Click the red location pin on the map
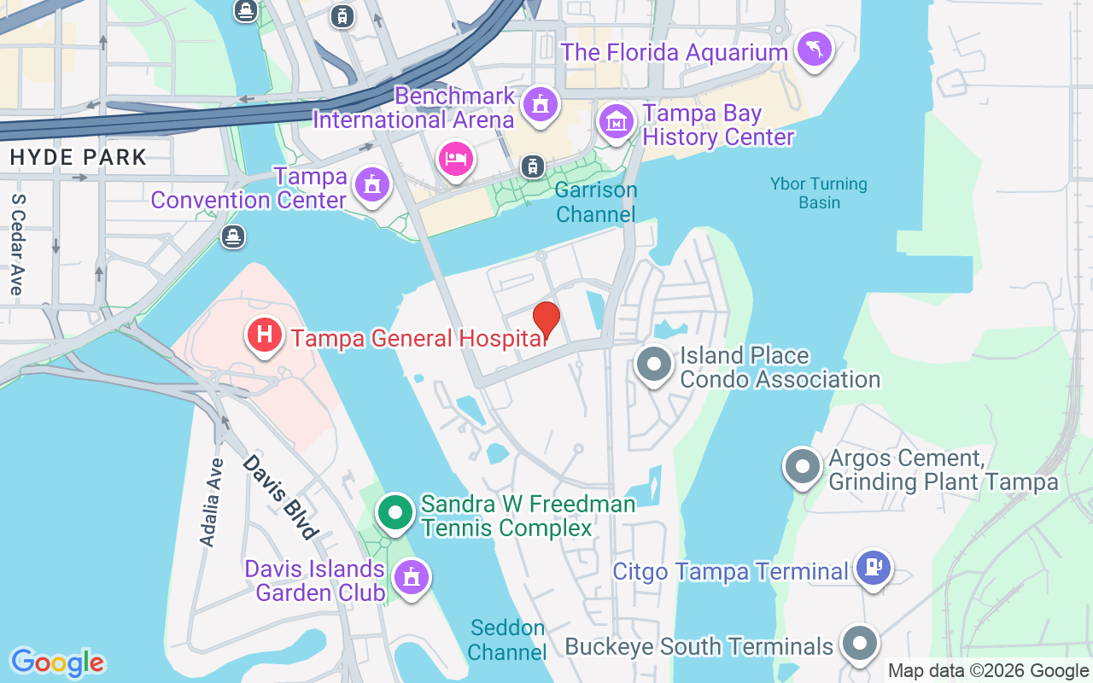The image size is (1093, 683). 546,320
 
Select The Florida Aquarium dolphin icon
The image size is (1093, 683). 814,49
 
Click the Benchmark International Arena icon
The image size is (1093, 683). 539,104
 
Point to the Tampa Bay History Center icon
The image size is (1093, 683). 616,121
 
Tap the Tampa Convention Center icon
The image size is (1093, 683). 371,184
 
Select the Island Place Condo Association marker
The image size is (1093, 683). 654,365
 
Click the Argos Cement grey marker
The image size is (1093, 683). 802,467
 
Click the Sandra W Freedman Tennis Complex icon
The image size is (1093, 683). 395,512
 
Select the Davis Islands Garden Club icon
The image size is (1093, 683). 412,577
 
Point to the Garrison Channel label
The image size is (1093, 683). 596,202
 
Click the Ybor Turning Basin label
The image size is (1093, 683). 818,193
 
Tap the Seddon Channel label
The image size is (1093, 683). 507,640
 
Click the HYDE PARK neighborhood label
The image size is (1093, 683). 79,157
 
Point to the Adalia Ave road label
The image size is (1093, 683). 211,502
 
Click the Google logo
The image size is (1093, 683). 57,663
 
